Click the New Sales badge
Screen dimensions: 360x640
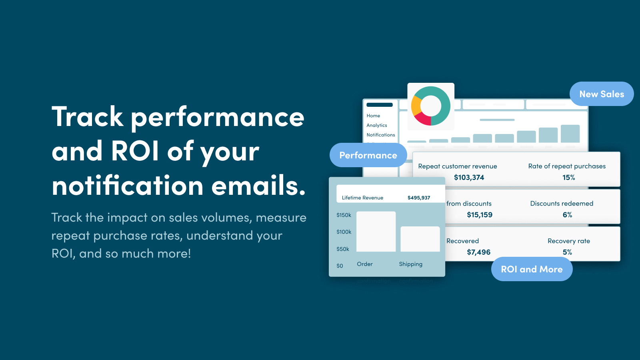pyautogui.click(x=602, y=94)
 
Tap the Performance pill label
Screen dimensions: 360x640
pyautogui.click(x=368, y=155)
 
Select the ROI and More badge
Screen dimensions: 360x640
pyautogui.click(x=532, y=269)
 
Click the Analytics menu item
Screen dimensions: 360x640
pyautogui.click(x=377, y=125)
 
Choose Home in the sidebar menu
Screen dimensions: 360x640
pyautogui.click(x=373, y=116)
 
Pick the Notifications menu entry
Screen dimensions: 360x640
pyautogui.click(x=381, y=135)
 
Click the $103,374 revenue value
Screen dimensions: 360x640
pyautogui.click(x=469, y=177)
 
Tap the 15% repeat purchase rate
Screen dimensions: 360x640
pyautogui.click(x=568, y=177)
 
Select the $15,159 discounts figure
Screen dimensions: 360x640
pyautogui.click(x=480, y=215)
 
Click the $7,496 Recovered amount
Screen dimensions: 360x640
pyautogui.click(x=478, y=252)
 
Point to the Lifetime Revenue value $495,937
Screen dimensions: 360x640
pyautogui.click(x=419, y=198)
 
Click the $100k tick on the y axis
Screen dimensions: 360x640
pyautogui.click(x=344, y=232)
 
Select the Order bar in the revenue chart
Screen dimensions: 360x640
pyautogui.click(x=376, y=232)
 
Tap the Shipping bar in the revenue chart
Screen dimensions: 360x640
pyautogui.click(x=420, y=239)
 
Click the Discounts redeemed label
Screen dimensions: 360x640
pyautogui.click(x=562, y=204)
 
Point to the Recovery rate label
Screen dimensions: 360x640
pyautogui.click(x=569, y=241)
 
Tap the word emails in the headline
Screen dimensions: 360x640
pyautogui.click(x=258, y=186)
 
